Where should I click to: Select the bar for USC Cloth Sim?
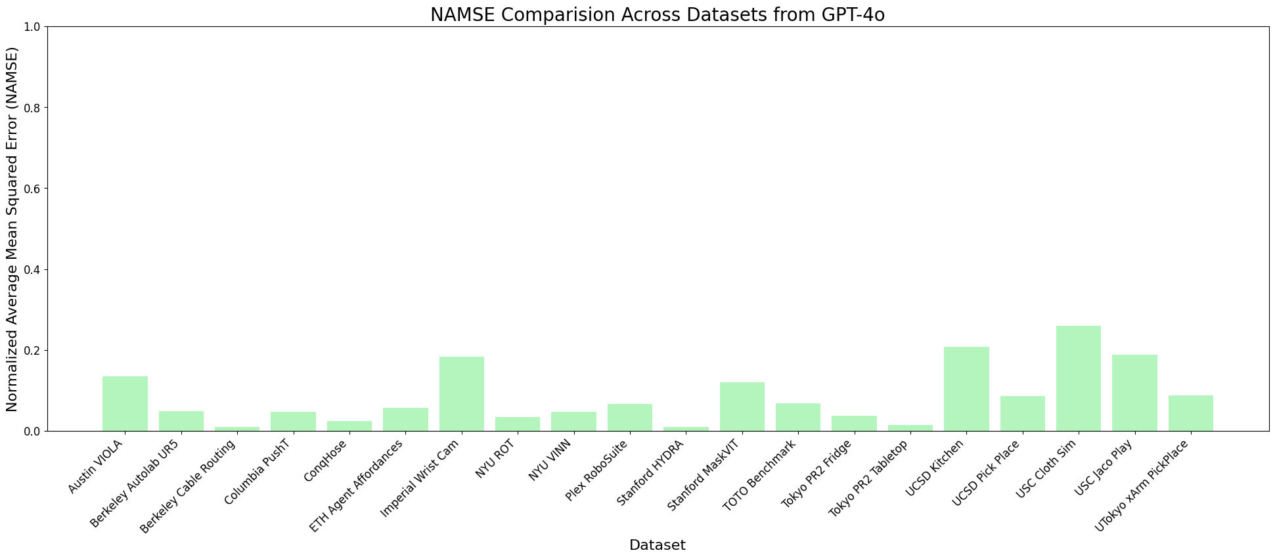tap(1078, 378)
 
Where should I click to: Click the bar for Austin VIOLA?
tap(125, 404)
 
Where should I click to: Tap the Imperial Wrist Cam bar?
tap(462, 394)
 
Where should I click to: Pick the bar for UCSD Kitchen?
tap(966, 389)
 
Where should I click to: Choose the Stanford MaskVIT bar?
tap(742, 407)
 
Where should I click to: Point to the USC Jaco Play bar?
tap(1134, 393)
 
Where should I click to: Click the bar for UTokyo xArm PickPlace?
tap(1190, 413)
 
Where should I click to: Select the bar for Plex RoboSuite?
tap(630, 418)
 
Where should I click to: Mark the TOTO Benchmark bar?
tap(797, 417)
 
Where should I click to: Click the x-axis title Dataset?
tap(657, 545)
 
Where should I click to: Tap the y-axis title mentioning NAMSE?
tap(12, 229)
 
